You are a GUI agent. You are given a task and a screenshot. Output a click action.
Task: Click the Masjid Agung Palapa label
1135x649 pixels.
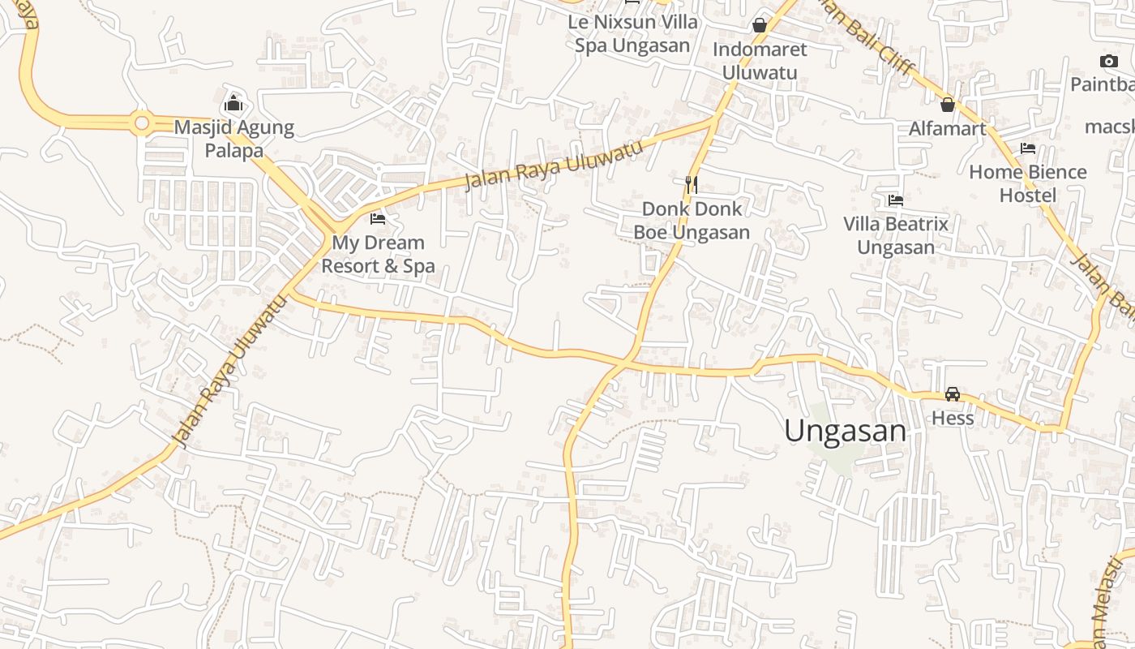[x=234, y=139]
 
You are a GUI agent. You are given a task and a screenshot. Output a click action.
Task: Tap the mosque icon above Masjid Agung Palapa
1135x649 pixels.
[x=233, y=103]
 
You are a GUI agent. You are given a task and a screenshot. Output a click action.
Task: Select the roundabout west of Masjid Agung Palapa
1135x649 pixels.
[x=142, y=123]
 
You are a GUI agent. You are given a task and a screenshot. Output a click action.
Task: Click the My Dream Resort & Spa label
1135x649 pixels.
[x=378, y=254]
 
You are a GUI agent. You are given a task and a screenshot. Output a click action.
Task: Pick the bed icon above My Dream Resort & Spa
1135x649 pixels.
[x=378, y=218]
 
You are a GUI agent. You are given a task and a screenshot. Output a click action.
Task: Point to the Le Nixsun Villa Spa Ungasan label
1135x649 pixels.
[x=632, y=33]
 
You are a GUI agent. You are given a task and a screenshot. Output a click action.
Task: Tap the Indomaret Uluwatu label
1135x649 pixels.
[x=760, y=61]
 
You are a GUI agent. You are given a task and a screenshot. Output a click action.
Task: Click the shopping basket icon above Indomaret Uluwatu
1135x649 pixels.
[x=760, y=25]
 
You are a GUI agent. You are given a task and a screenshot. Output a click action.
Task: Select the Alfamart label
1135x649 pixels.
[x=947, y=128]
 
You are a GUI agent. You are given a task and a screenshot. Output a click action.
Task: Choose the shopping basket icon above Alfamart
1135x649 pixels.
[x=947, y=105]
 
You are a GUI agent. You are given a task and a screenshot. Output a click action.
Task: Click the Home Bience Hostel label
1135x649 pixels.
[x=1028, y=183]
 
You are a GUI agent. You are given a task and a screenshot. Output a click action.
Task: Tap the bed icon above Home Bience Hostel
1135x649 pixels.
[x=1028, y=148]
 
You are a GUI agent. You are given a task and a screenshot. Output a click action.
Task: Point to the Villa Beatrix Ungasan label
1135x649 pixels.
[x=896, y=235]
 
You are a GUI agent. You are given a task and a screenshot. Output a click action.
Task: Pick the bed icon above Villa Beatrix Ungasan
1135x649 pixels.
[x=896, y=200]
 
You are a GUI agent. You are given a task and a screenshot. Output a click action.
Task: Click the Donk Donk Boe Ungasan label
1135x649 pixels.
[x=692, y=221]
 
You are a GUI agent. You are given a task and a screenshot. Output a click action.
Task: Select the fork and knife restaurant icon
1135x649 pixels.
[x=691, y=185]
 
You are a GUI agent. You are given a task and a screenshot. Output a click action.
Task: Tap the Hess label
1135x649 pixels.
[x=953, y=418]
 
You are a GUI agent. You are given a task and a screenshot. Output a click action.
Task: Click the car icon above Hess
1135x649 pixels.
[x=953, y=394]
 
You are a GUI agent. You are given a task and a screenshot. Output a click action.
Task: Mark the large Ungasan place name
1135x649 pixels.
[x=845, y=431]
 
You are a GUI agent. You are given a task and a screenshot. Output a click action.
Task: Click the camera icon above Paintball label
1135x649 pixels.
[x=1108, y=61]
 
